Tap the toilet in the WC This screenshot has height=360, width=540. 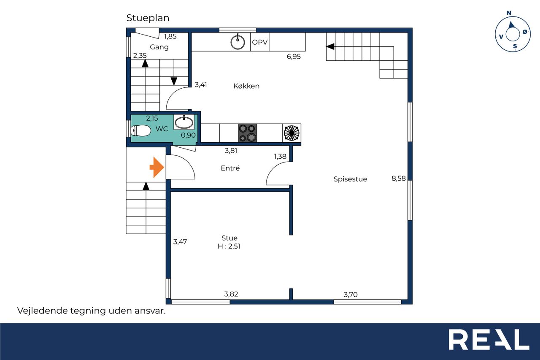tap(141, 131)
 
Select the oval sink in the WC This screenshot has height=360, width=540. tap(184, 122)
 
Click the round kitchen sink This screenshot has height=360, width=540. tap(238, 42)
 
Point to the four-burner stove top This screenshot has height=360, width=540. tap(247, 133)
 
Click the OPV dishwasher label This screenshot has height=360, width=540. tap(259, 42)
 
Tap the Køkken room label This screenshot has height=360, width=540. tap(246, 86)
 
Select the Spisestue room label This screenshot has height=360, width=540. tap(350, 179)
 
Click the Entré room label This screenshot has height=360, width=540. tap(230, 168)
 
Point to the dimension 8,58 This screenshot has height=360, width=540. tap(399, 179)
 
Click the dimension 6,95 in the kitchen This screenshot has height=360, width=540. tap(294, 57)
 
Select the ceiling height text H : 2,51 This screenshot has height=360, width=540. tap(229, 246)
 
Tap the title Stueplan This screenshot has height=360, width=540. tap(148, 18)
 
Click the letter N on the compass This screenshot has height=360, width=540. tap(509, 13)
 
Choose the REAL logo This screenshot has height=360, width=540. tap(489, 339)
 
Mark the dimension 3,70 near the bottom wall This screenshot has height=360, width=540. tap(351, 295)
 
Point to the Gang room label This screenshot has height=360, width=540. tap(159, 47)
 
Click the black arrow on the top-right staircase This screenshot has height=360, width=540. tap(330, 46)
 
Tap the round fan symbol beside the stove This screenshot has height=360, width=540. tap(292, 133)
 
